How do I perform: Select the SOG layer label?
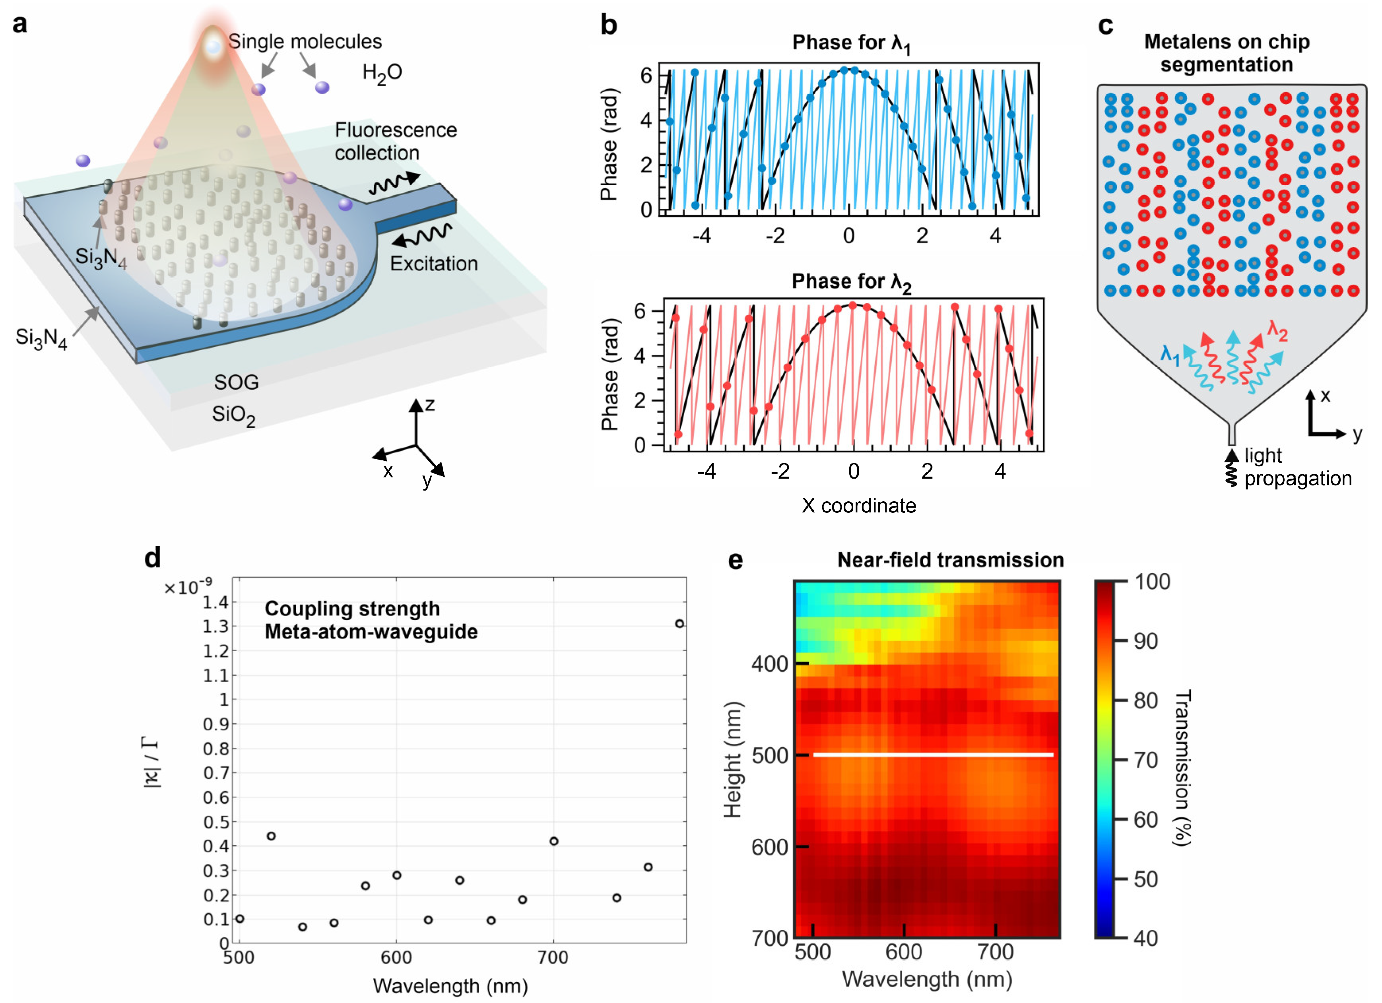pyautogui.click(x=237, y=382)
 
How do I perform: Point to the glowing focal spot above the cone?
pyautogui.click(x=213, y=46)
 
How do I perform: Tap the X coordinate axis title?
pyautogui.click(x=858, y=505)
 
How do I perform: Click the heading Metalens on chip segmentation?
pyautogui.click(x=1226, y=53)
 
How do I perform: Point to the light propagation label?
pyautogui.click(x=1297, y=467)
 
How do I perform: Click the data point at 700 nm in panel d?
pyautogui.click(x=553, y=841)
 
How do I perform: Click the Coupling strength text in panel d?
pyautogui.click(x=352, y=609)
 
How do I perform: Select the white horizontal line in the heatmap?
pyautogui.click(x=932, y=755)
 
